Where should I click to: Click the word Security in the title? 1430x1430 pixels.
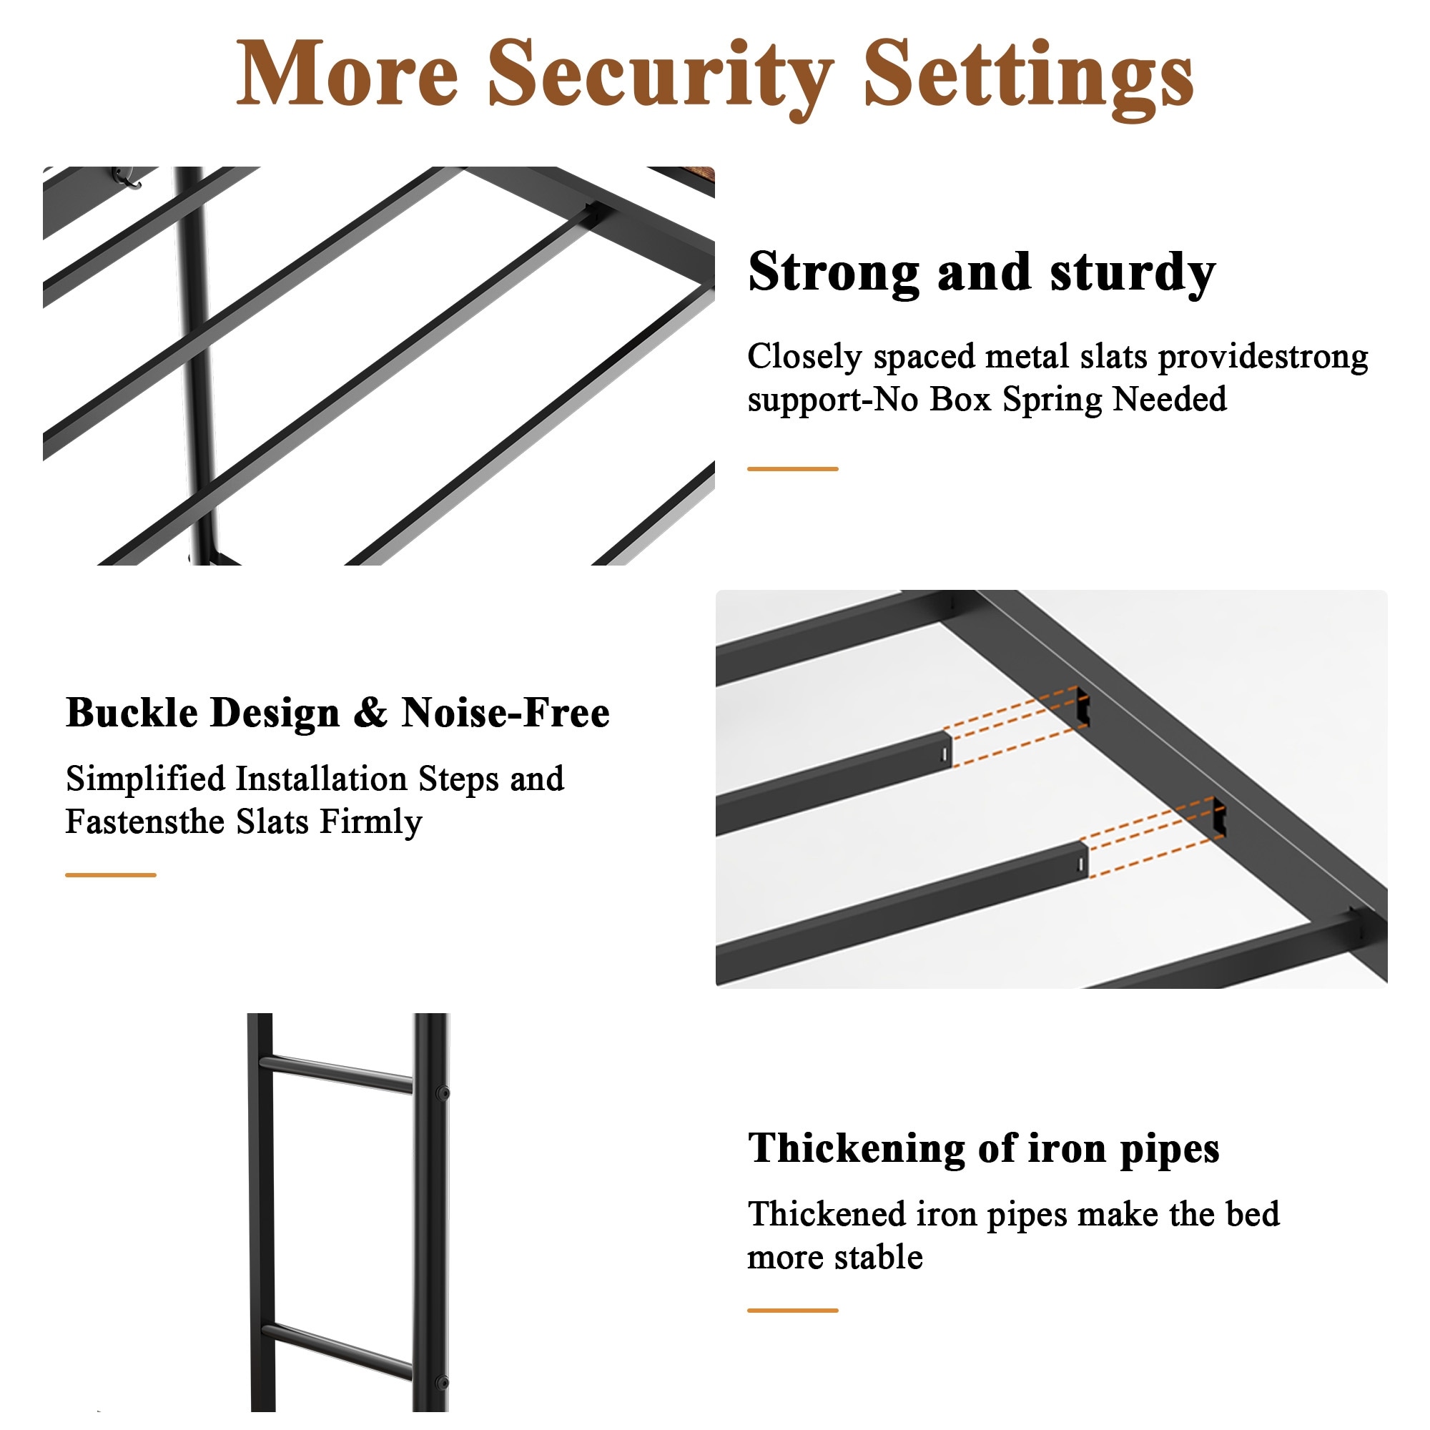tap(660, 77)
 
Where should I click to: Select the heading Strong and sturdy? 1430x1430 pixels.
tap(982, 273)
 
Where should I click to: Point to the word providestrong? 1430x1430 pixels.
tap(1263, 357)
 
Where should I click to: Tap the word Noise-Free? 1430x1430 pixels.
tap(506, 713)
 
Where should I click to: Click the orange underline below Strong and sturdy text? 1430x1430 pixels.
tap(793, 468)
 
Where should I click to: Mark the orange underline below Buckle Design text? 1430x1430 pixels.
tap(111, 875)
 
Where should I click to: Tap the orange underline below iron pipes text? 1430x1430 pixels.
tap(793, 1310)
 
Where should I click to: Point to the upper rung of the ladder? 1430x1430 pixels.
tap(337, 1074)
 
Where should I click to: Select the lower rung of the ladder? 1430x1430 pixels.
tap(337, 1351)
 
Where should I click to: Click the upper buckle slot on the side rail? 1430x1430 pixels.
tap(1083, 706)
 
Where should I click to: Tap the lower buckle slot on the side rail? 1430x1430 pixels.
tap(1219, 817)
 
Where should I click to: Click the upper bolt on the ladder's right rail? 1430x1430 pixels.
tap(443, 1093)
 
